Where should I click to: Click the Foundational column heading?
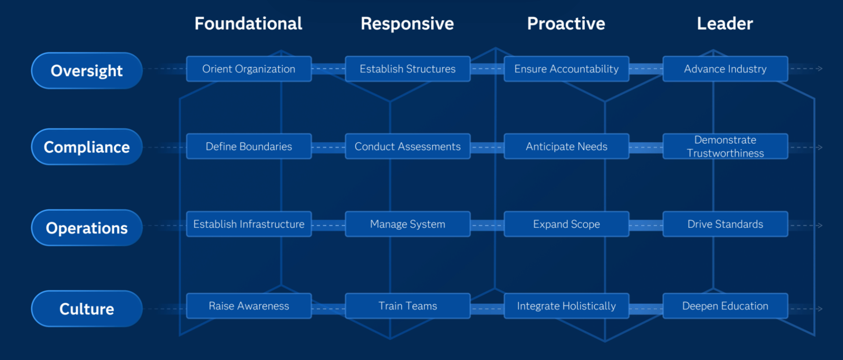(x=249, y=24)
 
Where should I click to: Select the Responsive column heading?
(x=407, y=24)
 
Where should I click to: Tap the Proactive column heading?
(x=566, y=24)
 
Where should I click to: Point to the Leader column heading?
(x=725, y=24)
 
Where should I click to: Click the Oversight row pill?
(x=87, y=71)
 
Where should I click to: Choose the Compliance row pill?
(x=87, y=147)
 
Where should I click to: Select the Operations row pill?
(x=87, y=228)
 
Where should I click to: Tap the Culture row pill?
(x=87, y=309)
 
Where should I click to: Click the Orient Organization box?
(x=249, y=69)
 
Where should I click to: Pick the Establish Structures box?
(x=408, y=69)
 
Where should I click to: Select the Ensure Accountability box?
(x=566, y=69)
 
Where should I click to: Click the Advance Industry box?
(x=725, y=69)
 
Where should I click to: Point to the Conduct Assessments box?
(x=408, y=146)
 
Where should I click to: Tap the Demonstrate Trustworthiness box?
(x=725, y=146)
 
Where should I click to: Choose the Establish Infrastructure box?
(x=249, y=224)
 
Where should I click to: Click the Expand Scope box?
(x=566, y=224)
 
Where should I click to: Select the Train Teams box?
(x=408, y=306)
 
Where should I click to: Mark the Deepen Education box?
(x=725, y=306)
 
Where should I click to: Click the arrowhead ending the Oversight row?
(x=820, y=68)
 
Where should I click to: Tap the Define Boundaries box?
(x=249, y=146)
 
